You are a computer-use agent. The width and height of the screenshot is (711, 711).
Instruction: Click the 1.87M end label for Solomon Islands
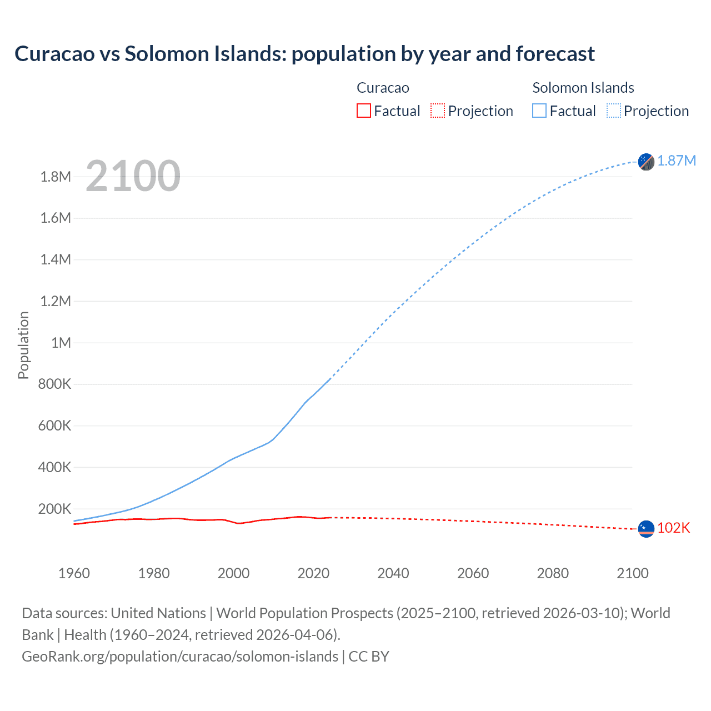click(676, 161)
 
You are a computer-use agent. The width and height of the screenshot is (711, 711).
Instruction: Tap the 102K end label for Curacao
click(673, 528)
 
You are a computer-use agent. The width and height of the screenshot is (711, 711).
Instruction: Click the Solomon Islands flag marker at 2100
click(646, 162)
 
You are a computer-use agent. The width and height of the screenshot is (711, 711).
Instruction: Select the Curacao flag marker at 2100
click(646, 529)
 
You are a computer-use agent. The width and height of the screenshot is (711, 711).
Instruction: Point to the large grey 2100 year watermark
click(133, 176)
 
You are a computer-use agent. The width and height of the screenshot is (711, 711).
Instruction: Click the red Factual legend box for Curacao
click(363, 111)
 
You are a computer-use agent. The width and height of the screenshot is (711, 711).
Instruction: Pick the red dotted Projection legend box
click(438, 111)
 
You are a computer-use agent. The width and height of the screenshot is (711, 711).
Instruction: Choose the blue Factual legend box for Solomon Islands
click(539, 111)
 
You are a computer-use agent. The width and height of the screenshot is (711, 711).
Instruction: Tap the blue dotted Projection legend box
click(613, 111)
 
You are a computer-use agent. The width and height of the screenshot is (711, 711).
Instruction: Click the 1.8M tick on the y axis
click(56, 177)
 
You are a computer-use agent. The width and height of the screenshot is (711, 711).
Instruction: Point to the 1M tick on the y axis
click(61, 343)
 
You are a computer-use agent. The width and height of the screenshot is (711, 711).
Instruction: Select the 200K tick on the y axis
click(54, 509)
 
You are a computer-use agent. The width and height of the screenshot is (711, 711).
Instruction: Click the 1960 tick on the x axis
click(74, 573)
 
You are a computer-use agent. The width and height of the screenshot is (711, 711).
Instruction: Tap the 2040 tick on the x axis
click(393, 573)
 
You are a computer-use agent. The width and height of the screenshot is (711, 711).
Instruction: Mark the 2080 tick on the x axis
click(553, 573)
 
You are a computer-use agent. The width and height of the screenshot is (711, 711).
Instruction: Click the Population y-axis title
click(23, 345)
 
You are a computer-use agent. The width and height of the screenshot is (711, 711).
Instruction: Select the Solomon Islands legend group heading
click(583, 88)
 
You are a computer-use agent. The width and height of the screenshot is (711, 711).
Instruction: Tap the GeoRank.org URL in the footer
click(179, 657)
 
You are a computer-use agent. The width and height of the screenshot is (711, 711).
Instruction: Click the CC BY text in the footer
click(369, 657)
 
